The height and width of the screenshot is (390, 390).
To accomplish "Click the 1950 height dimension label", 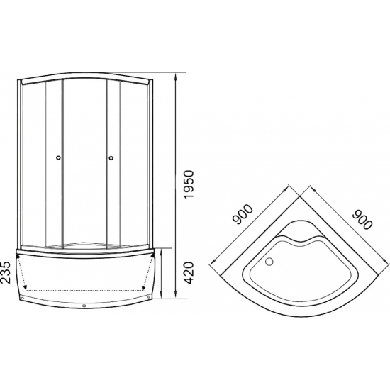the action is tap(189, 184).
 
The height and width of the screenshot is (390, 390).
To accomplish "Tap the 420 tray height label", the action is tap(189, 273).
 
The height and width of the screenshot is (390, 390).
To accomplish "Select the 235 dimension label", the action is tap(6, 272).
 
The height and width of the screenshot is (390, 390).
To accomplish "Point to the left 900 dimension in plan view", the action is tap(242, 214).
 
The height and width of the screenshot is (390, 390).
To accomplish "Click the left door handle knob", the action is tap(58, 157).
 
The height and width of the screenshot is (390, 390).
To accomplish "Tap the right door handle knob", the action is tap(111, 157).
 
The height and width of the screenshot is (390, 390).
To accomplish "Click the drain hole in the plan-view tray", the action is tap(269, 262).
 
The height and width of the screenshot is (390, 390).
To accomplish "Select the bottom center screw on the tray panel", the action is tap(84, 306).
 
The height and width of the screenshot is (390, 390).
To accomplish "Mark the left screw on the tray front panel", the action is tap(22, 298).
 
